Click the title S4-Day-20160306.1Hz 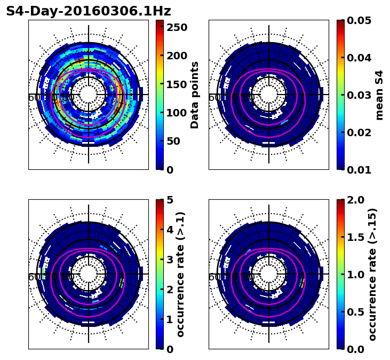click(88, 11)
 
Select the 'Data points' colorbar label click(195, 95)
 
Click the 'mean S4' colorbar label click(379, 95)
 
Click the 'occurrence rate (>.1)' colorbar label click(180, 274)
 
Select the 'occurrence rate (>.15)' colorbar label click(372, 274)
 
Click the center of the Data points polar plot click(89, 95)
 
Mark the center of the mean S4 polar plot click(269, 95)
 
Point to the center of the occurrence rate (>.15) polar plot click(269, 274)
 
